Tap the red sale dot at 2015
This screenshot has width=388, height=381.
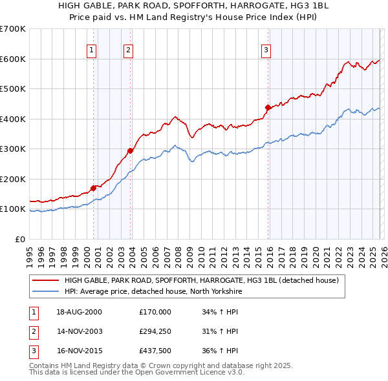268,107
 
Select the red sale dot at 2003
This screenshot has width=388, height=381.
131,150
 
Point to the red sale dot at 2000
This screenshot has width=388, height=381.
93,188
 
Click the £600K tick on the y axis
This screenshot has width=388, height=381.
13,59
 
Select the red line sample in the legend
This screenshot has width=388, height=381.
46,281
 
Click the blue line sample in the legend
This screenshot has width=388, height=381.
46,292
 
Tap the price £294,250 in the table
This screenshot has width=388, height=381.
155,331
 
